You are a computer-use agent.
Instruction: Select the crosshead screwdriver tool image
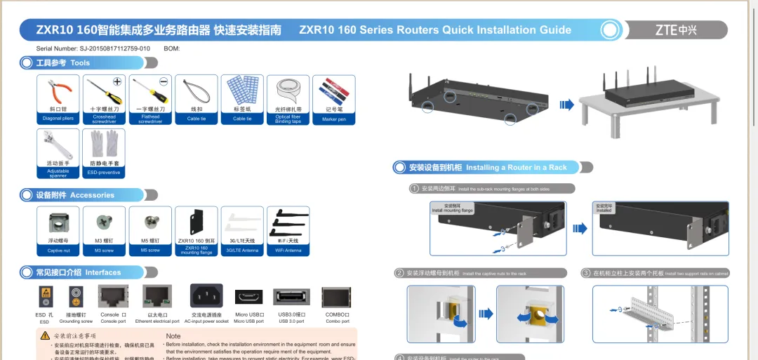coord(105,91)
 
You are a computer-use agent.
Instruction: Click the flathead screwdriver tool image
coord(150,91)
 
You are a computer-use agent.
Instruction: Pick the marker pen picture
coord(333,91)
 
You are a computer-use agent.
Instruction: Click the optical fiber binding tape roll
coord(287,91)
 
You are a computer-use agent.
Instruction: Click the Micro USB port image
coord(249,297)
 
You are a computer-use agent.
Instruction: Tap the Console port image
coord(114,297)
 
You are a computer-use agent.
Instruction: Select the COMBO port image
coord(337,297)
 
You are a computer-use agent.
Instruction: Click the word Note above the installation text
coord(173,336)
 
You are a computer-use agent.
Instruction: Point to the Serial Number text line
coord(93,48)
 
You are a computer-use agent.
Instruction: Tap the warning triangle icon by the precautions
coord(45,336)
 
